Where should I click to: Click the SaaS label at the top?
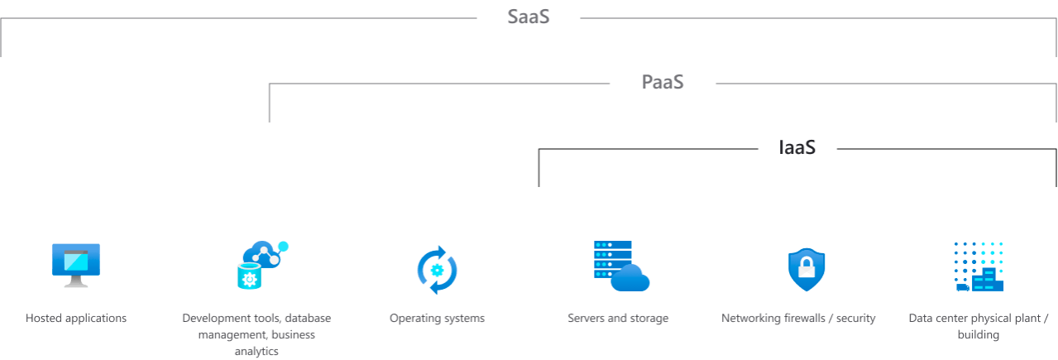tap(529, 17)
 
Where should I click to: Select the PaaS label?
tap(663, 83)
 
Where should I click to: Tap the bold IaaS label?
tap(797, 148)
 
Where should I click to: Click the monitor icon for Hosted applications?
tap(76, 265)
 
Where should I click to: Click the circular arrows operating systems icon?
tap(437, 269)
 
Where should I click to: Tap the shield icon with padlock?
tap(807, 269)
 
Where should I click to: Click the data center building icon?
tap(979, 266)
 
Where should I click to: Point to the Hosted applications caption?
tap(76, 318)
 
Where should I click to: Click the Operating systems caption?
tap(437, 318)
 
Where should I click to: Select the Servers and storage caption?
tap(618, 318)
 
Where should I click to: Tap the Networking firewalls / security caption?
tap(798, 318)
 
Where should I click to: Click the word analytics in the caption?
tap(256, 352)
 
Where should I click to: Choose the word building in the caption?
tap(979, 335)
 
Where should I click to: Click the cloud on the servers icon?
tap(631, 279)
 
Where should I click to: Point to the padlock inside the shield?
tap(807, 267)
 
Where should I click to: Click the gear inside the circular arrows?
tap(438, 270)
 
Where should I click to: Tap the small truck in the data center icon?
tap(962, 287)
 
